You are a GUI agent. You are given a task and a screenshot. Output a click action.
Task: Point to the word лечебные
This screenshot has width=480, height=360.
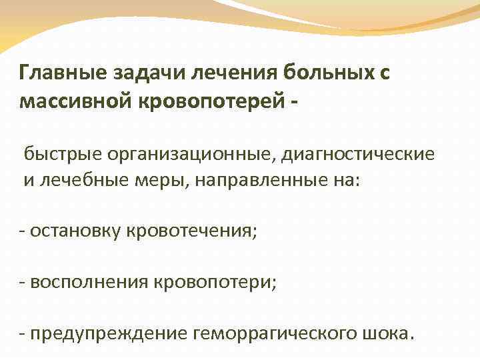pyautogui.click(x=79, y=182)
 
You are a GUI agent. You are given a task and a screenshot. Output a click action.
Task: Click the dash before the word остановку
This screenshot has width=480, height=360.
pyautogui.click(x=23, y=232)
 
